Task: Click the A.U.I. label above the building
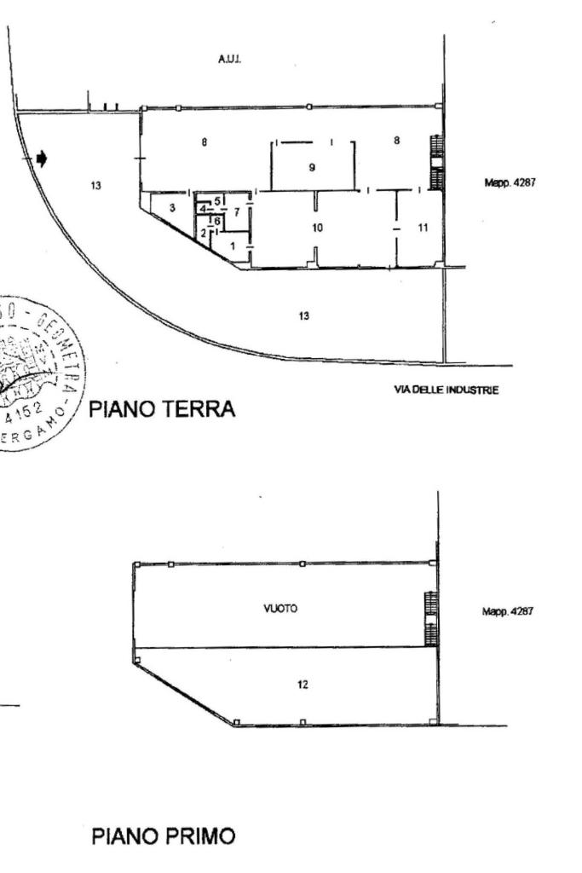point(229,61)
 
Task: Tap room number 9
point(312,167)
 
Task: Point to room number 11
point(423,227)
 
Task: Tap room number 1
point(232,246)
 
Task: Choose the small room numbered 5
point(217,200)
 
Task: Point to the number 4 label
point(203,209)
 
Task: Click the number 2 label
point(203,232)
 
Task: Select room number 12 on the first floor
point(303,684)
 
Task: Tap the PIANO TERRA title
point(162,410)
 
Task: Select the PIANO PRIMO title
point(163,836)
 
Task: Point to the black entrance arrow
point(42,159)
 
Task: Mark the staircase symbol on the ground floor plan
point(437,162)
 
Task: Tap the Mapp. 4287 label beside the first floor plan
point(508,611)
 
